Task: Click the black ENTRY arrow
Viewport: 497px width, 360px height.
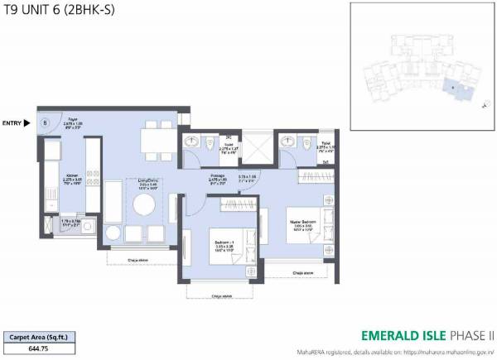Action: (x=27, y=123)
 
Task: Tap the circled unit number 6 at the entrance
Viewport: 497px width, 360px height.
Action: (x=46, y=123)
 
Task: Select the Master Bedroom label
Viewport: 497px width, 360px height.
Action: (x=304, y=223)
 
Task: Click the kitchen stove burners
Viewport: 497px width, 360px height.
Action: (x=92, y=183)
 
